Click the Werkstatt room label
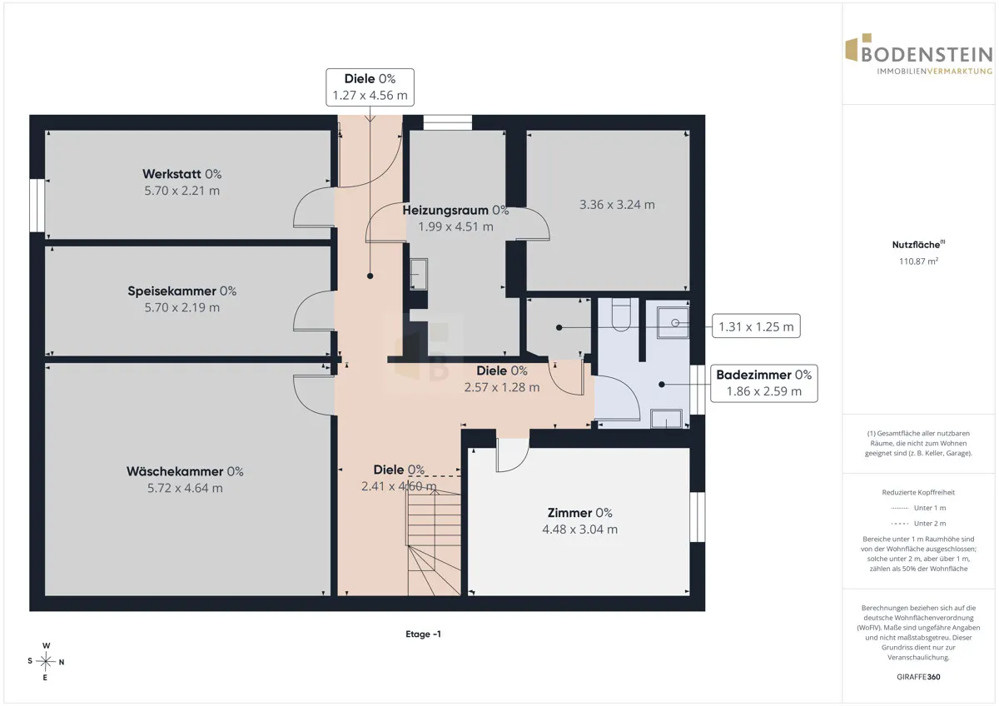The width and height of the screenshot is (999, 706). click(x=182, y=174)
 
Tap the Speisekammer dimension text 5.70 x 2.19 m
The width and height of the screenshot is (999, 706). click(x=182, y=307)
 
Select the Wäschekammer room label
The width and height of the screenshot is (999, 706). click(x=185, y=471)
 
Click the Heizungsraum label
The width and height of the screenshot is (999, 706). click(x=455, y=210)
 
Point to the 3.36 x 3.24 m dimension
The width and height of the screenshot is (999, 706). click(x=617, y=205)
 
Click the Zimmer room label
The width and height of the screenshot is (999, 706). click(x=579, y=513)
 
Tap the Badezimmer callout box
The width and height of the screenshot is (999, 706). click(x=764, y=383)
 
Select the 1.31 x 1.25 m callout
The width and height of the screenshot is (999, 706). click(x=756, y=326)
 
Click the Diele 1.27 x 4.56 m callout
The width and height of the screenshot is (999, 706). click(x=370, y=87)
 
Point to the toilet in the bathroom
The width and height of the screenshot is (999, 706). click(x=621, y=315)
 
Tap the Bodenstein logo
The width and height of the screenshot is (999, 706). click(x=919, y=54)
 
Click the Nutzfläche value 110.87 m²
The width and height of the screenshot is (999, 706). click(x=918, y=261)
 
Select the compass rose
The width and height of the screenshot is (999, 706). click(x=46, y=661)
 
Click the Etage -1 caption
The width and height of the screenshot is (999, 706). click(x=423, y=634)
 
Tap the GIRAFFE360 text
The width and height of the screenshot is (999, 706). click(x=918, y=677)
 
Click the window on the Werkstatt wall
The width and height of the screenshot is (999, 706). click(x=37, y=205)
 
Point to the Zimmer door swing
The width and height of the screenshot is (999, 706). click(x=513, y=455)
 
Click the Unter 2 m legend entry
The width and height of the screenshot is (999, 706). click(x=918, y=523)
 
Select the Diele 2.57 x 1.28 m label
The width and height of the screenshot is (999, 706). click(x=502, y=379)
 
